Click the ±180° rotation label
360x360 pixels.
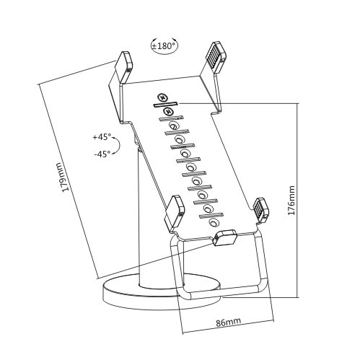[x=164, y=46]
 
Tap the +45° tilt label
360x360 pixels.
[x=102, y=137]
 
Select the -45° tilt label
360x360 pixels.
[x=102, y=153]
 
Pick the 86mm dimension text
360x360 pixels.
[x=229, y=321]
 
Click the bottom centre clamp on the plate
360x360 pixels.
[x=226, y=238]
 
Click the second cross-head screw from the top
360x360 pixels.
[x=168, y=111]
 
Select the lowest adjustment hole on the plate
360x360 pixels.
[x=214, y=223]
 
